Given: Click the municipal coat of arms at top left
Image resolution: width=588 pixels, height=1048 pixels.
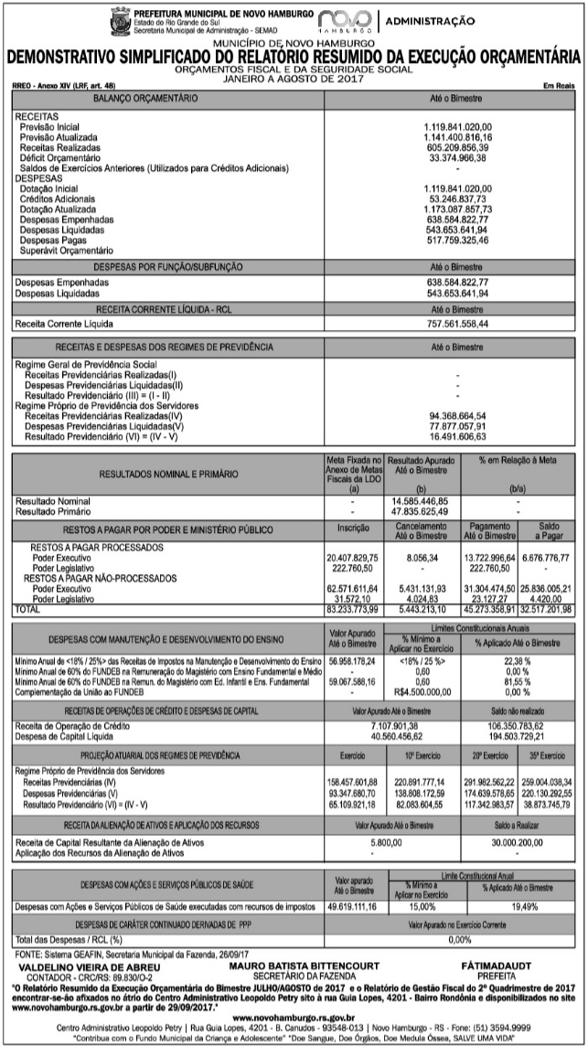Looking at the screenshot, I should [x=119, y=19].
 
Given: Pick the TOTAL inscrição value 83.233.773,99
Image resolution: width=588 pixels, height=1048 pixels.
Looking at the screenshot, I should [x=352, y=608].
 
